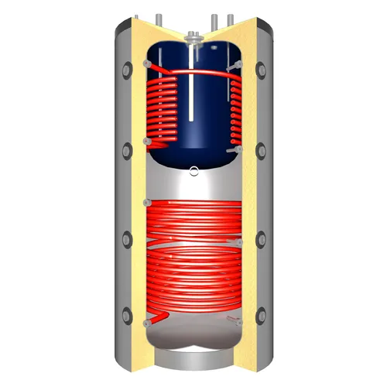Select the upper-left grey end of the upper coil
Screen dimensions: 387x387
coord(146,61)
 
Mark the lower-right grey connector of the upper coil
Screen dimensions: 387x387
coord(239,147)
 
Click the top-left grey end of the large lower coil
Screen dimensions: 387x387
coord(145,202)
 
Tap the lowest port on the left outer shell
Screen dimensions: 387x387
coord(125,314)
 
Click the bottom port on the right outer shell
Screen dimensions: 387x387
coord(262,314)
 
